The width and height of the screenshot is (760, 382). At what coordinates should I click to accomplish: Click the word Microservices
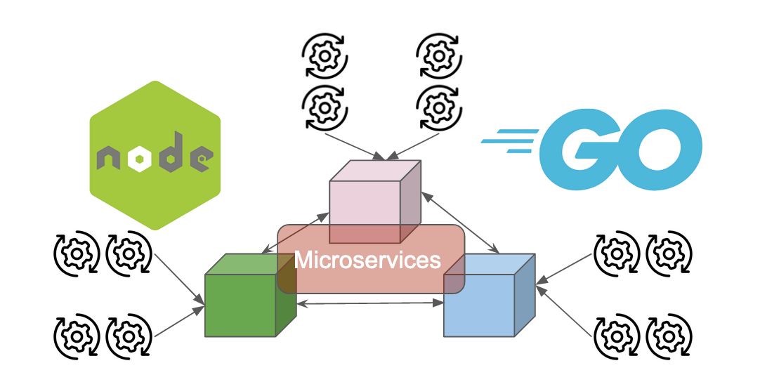[x=367, y=260]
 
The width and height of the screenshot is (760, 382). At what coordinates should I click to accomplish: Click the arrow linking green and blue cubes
[x=369, y=303]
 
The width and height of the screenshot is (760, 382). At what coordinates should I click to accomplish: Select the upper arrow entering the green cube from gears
[x=180, y=277]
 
